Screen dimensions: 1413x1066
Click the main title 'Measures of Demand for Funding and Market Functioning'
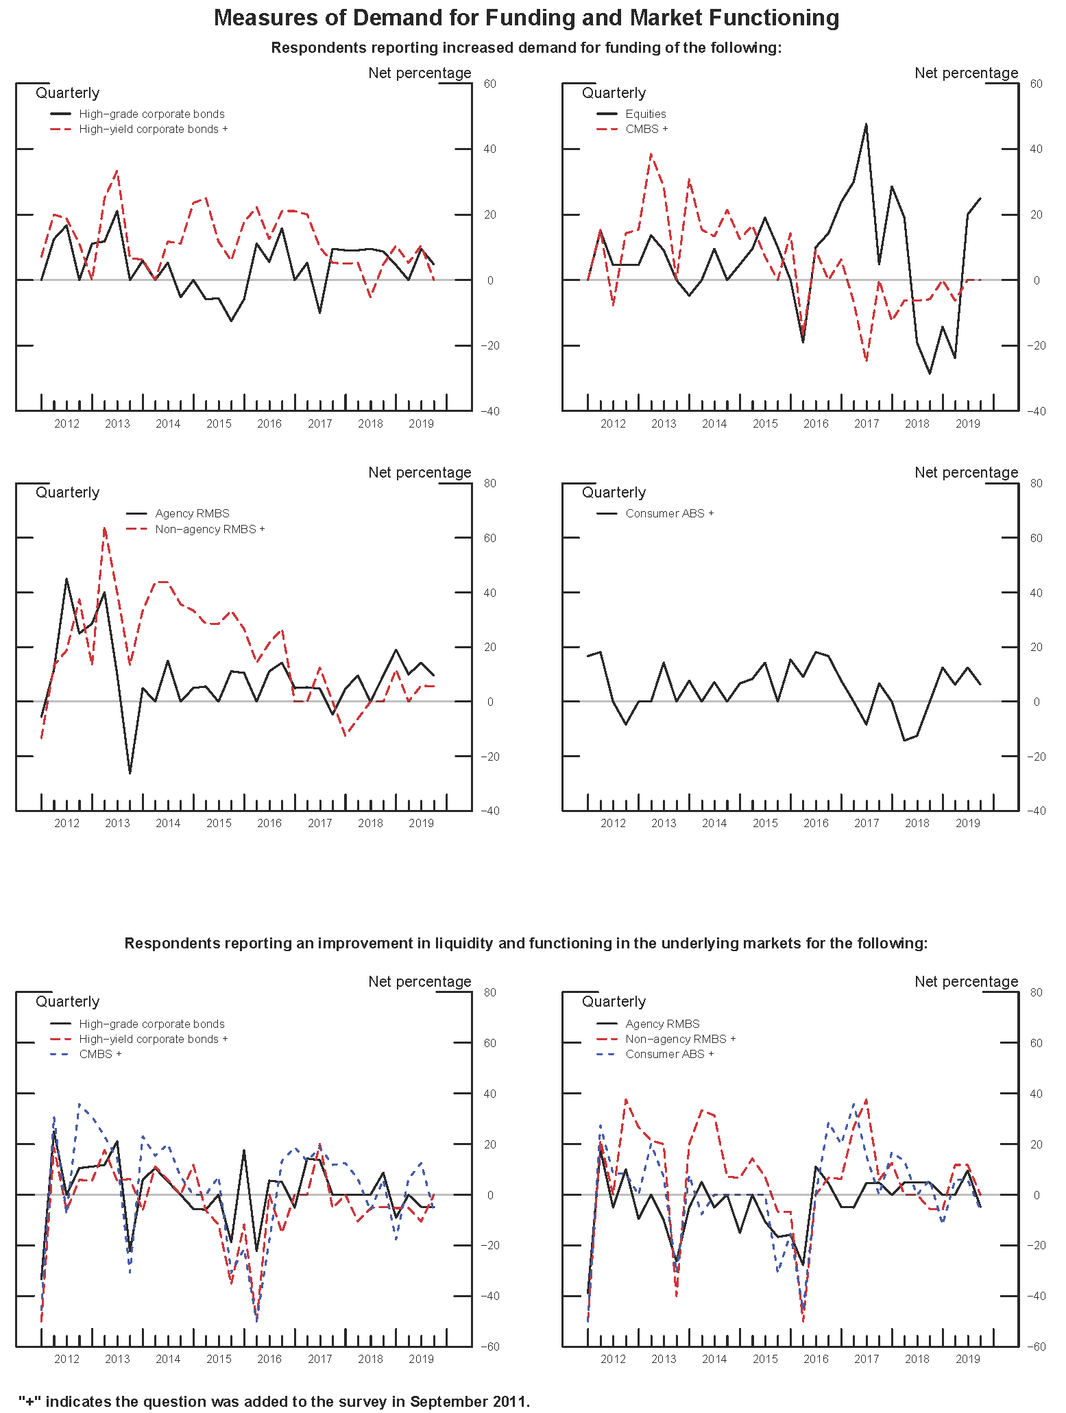coord(526,18)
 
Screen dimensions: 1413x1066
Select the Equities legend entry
coord(645,114)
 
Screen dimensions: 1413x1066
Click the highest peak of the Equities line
coord(866,124)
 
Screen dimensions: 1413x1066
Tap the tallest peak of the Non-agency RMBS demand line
coord(104,527)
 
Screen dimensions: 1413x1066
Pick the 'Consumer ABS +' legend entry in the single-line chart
coord(669,513)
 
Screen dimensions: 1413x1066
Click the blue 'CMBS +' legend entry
coord(100,1054)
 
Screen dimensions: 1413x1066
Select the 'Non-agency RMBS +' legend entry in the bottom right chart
coord(680,1039)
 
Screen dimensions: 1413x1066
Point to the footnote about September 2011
coord(274,1401)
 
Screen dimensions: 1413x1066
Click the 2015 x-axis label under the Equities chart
coord(765,423)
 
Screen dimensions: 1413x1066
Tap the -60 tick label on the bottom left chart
coord(489,1347)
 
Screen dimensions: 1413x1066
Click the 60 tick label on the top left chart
coord(489,84)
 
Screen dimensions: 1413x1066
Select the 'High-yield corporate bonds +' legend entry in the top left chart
coord(153,129)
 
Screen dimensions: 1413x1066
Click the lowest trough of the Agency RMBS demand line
coord(130,773)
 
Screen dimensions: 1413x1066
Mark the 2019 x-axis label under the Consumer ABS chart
coord(967,823)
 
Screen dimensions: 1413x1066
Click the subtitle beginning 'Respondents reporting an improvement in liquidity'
coord(526,943)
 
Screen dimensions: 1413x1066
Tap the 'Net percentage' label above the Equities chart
coord(966,73)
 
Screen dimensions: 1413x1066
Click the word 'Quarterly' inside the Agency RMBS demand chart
coord(67,492)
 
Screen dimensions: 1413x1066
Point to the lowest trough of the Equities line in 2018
coord(930,373)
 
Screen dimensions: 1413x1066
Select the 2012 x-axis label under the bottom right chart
coord(613,1359)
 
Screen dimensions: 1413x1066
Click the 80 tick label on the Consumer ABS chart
coord(1037,483)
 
